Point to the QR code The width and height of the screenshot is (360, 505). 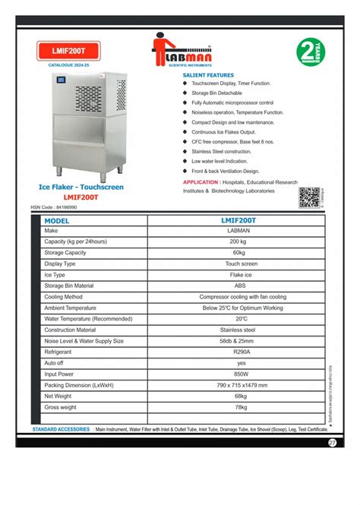308,197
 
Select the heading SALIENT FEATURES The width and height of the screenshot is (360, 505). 208,76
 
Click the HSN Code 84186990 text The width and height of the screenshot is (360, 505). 58,206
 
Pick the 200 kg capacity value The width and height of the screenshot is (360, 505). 238,241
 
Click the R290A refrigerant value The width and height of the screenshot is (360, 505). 238,352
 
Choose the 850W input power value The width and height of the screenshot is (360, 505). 238,374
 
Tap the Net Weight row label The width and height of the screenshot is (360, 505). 59,396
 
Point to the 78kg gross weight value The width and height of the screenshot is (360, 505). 238,408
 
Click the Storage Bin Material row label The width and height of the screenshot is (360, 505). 74,286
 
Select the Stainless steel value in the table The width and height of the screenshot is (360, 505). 238,330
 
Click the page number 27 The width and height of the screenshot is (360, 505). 333,443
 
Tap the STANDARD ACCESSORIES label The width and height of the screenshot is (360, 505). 61,430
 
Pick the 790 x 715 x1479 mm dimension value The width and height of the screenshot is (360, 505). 238,386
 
